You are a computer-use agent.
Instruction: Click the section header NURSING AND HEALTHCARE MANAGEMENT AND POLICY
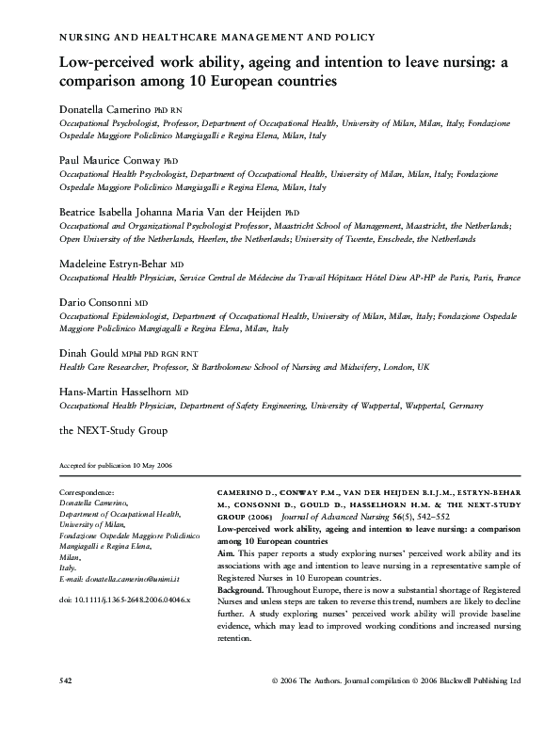(x=217, y=37)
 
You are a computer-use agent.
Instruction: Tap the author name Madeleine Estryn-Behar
(x=118, y=264)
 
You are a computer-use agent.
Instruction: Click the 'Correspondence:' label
(x=87, y=492)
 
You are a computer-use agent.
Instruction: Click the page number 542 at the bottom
(x=66, y=706)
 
